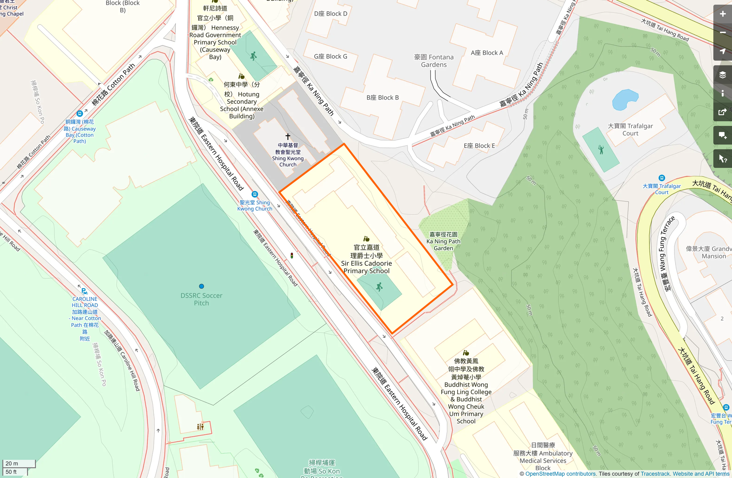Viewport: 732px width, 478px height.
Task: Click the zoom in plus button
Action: pyautogui.click(x=722, y=14)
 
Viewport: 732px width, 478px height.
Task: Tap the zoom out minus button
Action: pyautogui.click(x=722, y=33)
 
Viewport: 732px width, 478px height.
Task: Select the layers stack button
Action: pyautogui.click(x=722, y=75)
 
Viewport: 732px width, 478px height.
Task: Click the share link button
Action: pyautogui.click(x=722, y=112)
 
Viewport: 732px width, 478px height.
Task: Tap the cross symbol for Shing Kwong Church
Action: pyautogui.click(x=288, y=136)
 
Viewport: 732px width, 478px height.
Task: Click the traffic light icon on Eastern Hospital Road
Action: pyautogui.click(x=292, y=255)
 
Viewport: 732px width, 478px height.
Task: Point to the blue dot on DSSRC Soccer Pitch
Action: pyautogui.click(x=201, y=286)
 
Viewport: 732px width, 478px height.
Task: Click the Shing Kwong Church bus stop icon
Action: pyautogui.click(x=254, y=194)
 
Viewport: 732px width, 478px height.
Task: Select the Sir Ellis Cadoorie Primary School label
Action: pyautogui.click(x=366, y=259)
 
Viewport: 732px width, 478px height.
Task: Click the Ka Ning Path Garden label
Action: pyautogui.click(x=443, y=241)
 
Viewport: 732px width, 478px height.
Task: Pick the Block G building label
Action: pyautogui.click(x=331, y=56)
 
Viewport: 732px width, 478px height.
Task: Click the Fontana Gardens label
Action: pyautogui.click(x=434, y=61)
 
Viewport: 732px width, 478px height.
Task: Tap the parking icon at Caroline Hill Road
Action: pyautogui.click(x=84, y=291)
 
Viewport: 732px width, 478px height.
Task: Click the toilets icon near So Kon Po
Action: pyautogui.click(x=200, y=427)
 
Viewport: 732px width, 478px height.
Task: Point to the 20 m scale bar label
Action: pyautogui.click(x=12, y=463)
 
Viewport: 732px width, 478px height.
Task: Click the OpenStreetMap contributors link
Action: pyautogui.click(x=560, y=474)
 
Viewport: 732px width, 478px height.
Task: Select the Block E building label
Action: pyautogui.click(x=479, y=146)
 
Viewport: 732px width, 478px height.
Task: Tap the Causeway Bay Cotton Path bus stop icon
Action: pyautogui.click(x=80, y=114)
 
